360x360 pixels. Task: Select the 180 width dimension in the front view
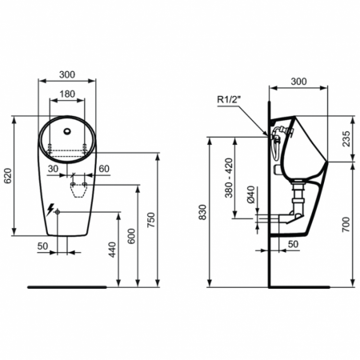click(67, 94)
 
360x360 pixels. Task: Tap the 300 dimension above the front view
click(67, 74)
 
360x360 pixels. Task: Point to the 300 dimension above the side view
click(298, 81)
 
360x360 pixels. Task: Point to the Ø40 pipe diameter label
click(250, 196)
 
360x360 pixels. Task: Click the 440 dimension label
click(112, 252)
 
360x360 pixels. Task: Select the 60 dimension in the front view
click(105, 169)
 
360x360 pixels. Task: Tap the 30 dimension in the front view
click(51, 169)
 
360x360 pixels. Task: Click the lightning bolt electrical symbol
click(52, 210)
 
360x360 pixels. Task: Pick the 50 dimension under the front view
click(42, 246)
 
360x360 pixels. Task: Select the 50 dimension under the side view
click(293, 243)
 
